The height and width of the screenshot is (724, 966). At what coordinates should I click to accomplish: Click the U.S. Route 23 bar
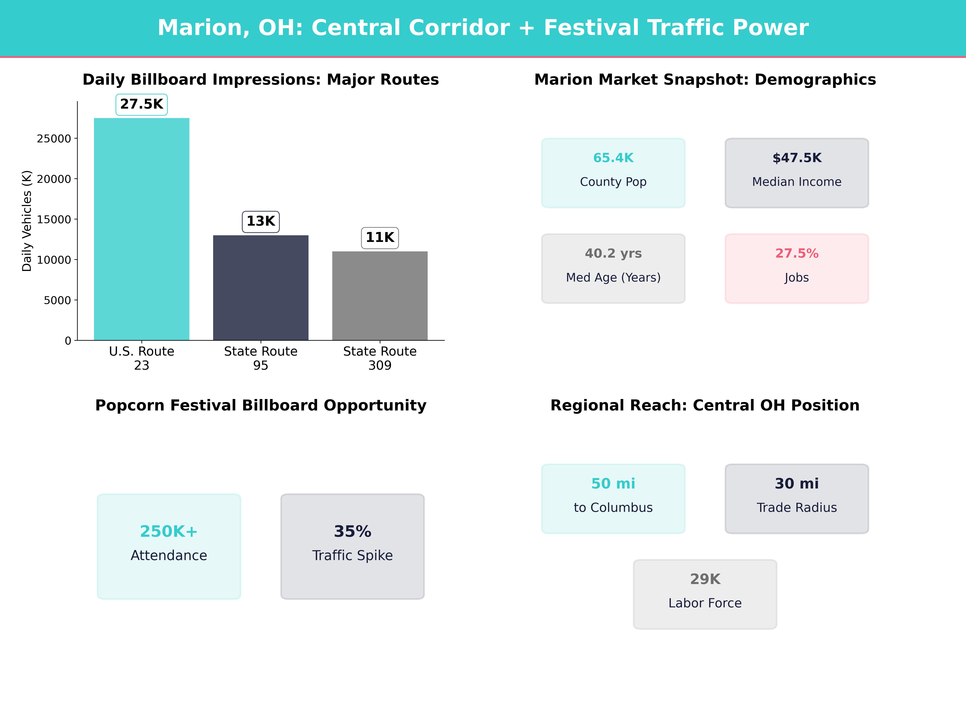click(141, 229)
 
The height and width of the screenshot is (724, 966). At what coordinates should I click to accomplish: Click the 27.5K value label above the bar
click(141, 104)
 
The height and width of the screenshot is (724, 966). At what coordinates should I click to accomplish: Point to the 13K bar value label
click(261, 221)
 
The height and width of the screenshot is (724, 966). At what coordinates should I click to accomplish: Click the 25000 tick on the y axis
click(54, 139)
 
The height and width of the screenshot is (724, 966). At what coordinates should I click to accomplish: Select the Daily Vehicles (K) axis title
click(27, 221)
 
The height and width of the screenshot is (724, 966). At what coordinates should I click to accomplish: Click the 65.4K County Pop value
click(613, 158)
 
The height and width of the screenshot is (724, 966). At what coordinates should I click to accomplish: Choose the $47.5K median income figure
click(797, 158)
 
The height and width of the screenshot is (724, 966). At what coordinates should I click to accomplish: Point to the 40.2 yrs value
click(613, 254)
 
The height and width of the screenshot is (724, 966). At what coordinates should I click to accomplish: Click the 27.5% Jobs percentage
click(797, 254)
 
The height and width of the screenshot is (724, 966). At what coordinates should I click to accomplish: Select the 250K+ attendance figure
click(169, 532)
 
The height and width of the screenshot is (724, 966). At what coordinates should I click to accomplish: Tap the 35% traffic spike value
click(352, 532)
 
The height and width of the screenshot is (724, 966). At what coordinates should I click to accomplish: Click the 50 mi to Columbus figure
click(613, 483)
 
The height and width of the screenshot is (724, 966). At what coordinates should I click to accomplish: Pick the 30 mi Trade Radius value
click(797, 483)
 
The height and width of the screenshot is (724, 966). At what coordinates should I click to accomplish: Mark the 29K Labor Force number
click(705, 579)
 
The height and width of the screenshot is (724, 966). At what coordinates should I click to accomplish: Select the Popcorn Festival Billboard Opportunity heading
click(261, 405)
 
